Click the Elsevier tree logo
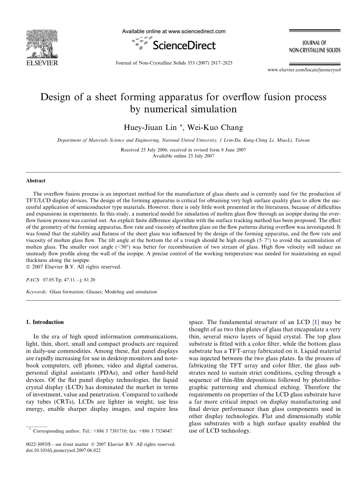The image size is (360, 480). tap(42, 44)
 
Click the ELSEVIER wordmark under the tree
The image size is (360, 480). tap(42, 63)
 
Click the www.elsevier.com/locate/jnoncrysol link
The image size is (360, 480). tap(304, 70)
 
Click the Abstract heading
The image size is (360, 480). tap(36, 181)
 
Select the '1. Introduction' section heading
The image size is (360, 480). tap(44, 322)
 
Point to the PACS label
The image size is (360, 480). tap(33, 280)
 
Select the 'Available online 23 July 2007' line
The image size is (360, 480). tap(183, 156)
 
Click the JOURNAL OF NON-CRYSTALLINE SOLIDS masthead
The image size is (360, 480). tap(315, 47)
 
